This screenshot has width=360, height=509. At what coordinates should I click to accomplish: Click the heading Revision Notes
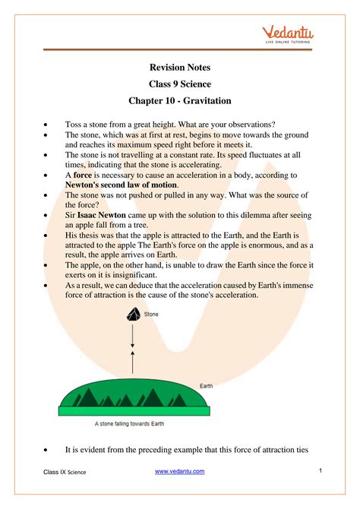(x=180, y=68)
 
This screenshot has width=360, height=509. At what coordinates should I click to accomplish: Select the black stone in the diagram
(x=133, y=316)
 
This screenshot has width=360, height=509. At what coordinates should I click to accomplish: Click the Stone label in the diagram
(x=152, y=312)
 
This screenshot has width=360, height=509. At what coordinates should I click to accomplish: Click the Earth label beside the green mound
(x=207, y=386)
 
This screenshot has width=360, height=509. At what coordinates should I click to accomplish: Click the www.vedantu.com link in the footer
(x=180, y=472)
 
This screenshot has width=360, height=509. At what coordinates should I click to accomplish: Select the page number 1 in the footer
(x=321, y=471)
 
